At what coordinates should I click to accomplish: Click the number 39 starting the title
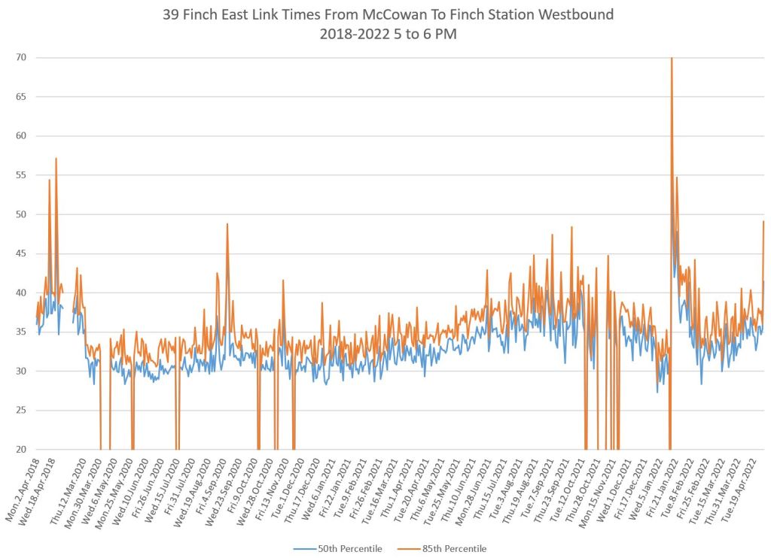[x=171, y=15]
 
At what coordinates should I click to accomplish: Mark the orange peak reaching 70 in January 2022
[x=671, y=59]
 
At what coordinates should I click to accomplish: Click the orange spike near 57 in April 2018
[x=56, y=159]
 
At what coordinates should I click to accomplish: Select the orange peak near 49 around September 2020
[x=227, y=224]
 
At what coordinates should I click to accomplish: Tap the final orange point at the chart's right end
[x=763, y=222]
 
